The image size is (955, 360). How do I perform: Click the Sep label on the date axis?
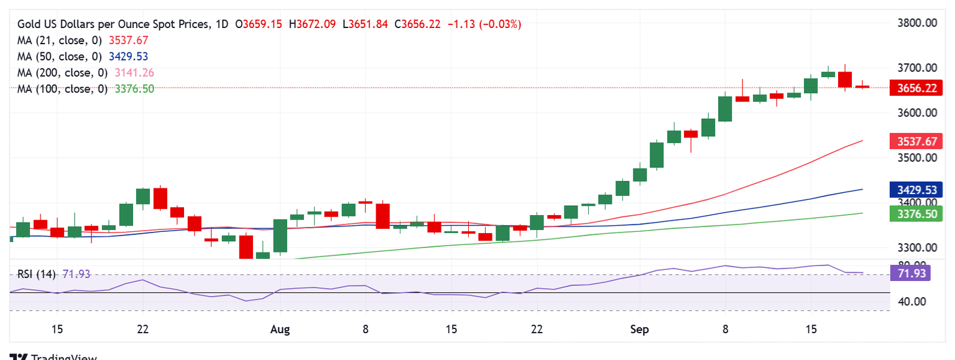(639, 329)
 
